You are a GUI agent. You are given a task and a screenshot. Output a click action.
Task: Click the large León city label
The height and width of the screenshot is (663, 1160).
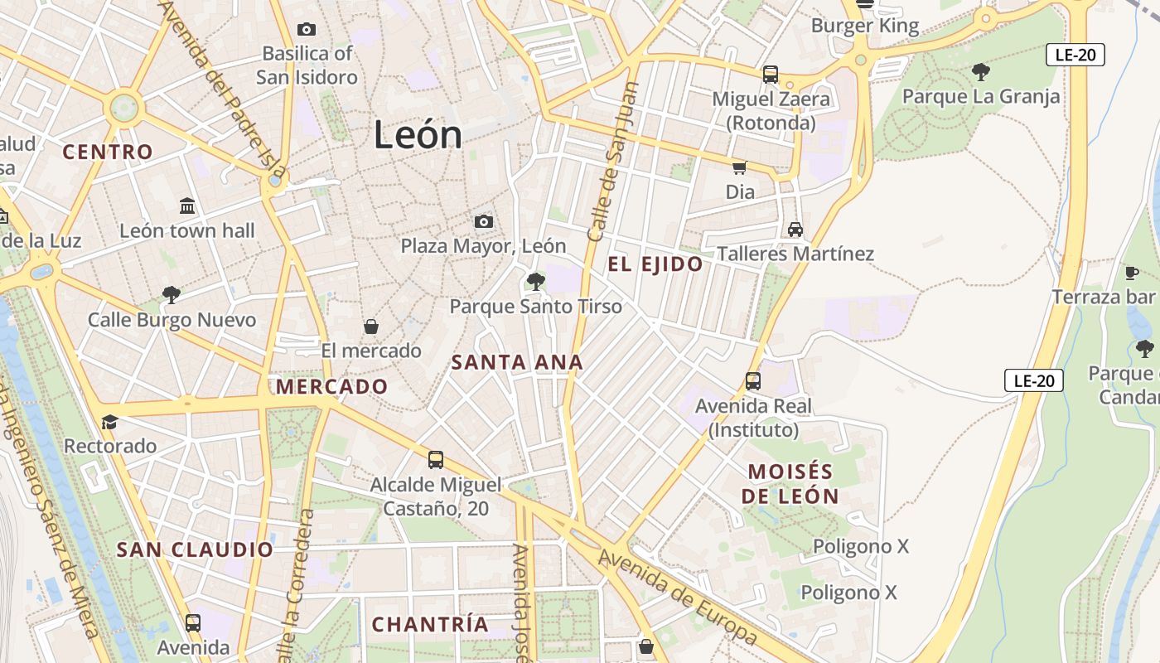417,134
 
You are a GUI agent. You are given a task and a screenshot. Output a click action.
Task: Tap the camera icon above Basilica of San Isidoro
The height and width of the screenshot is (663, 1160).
307,30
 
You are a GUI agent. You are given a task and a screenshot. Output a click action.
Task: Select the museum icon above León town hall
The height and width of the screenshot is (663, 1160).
187,206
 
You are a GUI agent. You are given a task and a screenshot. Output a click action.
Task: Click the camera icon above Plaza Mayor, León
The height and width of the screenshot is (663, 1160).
484,221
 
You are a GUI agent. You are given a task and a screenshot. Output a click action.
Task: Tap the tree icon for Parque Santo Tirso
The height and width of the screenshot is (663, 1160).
536,282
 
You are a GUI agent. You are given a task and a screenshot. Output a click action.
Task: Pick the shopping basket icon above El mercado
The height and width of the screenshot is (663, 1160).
371,327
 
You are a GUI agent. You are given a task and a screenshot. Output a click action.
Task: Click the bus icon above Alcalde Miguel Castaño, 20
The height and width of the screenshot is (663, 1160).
436,459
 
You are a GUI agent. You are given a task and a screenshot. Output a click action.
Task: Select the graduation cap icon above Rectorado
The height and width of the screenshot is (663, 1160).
109,423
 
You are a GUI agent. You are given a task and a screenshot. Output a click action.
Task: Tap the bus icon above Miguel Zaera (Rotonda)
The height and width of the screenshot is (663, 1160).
771,75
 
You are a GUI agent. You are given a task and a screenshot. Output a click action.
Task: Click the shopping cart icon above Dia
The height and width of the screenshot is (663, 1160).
740,167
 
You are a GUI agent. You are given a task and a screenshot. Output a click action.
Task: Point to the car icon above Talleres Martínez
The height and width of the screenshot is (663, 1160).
795,229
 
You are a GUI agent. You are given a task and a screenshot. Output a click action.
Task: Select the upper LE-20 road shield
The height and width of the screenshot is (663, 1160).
1075,55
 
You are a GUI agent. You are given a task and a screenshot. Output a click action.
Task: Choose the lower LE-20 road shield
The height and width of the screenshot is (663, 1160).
1034,380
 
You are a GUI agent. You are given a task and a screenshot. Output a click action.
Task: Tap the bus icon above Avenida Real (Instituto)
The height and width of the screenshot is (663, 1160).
753,381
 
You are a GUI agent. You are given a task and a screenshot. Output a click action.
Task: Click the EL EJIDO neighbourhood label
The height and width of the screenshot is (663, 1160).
655,264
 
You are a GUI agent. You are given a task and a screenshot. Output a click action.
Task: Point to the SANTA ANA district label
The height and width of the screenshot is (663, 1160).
517,362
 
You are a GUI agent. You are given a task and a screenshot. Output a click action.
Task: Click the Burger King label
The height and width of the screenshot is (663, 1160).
865,26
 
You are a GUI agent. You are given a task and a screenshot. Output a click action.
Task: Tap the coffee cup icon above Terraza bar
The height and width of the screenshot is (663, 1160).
1132,273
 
